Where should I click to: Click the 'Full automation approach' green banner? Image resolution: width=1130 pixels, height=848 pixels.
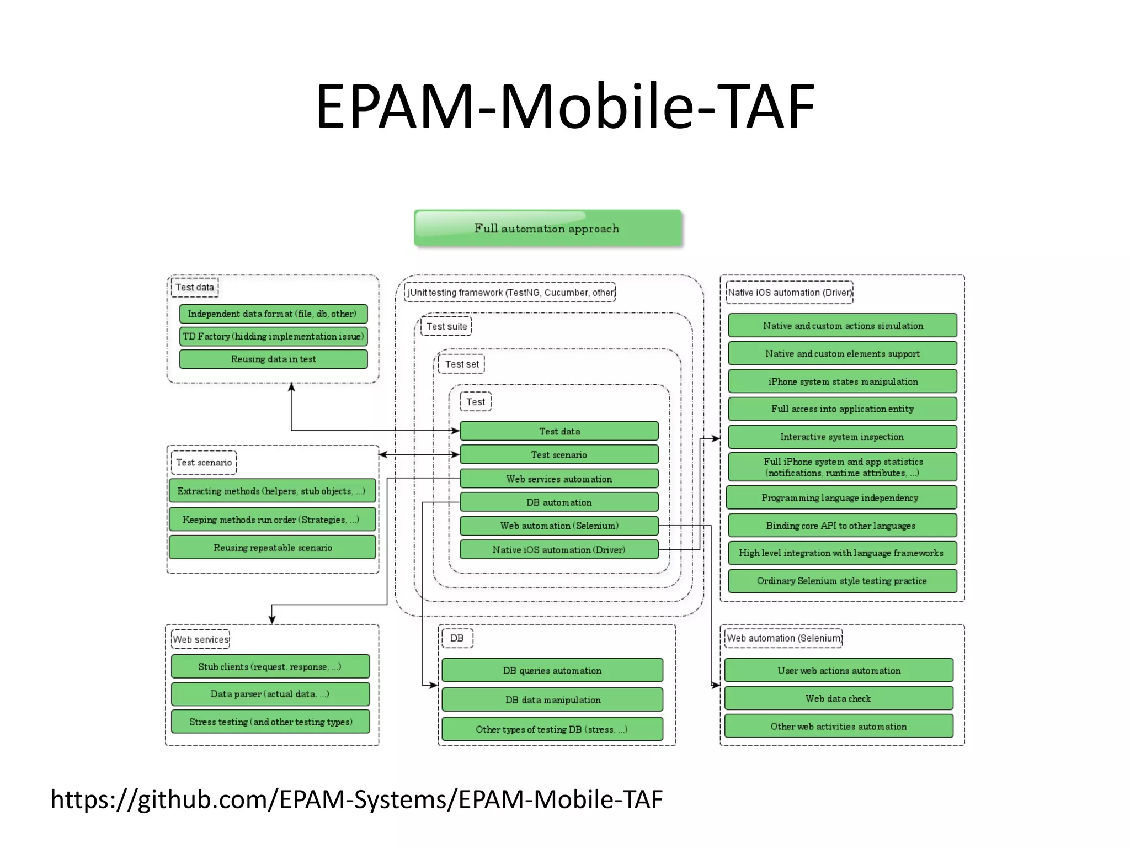[547, 228]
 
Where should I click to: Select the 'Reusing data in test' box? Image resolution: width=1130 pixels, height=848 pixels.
[273, 359]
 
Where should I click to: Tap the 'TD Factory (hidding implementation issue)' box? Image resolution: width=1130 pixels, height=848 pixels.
[273, 336]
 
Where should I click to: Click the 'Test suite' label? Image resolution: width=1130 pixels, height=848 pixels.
[446, 326]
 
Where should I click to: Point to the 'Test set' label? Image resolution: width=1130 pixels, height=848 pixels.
[462, 364]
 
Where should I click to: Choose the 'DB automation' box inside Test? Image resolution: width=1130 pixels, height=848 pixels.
[558, 502]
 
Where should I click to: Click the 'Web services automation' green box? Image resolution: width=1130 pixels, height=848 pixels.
[558, 479]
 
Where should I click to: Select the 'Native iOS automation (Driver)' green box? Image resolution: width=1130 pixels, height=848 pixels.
[558, 549]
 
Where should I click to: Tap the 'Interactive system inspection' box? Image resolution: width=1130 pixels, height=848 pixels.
[842, 437]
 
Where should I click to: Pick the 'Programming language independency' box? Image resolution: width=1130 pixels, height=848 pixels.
[840, 497]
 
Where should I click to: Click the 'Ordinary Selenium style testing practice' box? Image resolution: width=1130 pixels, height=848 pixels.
[842, 581]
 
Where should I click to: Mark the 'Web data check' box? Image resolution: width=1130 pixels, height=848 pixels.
[838, 698]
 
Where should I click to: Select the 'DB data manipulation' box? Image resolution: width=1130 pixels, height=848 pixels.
[552, 699]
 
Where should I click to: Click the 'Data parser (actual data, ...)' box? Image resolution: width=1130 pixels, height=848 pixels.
[270, 694]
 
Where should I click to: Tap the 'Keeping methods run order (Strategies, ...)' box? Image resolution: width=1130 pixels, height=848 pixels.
[271, 520]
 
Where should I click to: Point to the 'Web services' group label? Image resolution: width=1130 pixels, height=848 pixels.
[201, 639]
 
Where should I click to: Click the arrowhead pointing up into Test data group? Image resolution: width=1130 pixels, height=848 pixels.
[291, 387]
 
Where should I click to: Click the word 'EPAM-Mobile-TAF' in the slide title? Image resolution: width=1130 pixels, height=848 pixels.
[565, 106]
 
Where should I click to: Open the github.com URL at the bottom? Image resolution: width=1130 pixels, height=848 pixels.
[356, 799]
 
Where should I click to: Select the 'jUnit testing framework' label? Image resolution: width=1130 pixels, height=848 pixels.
[510, 292]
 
